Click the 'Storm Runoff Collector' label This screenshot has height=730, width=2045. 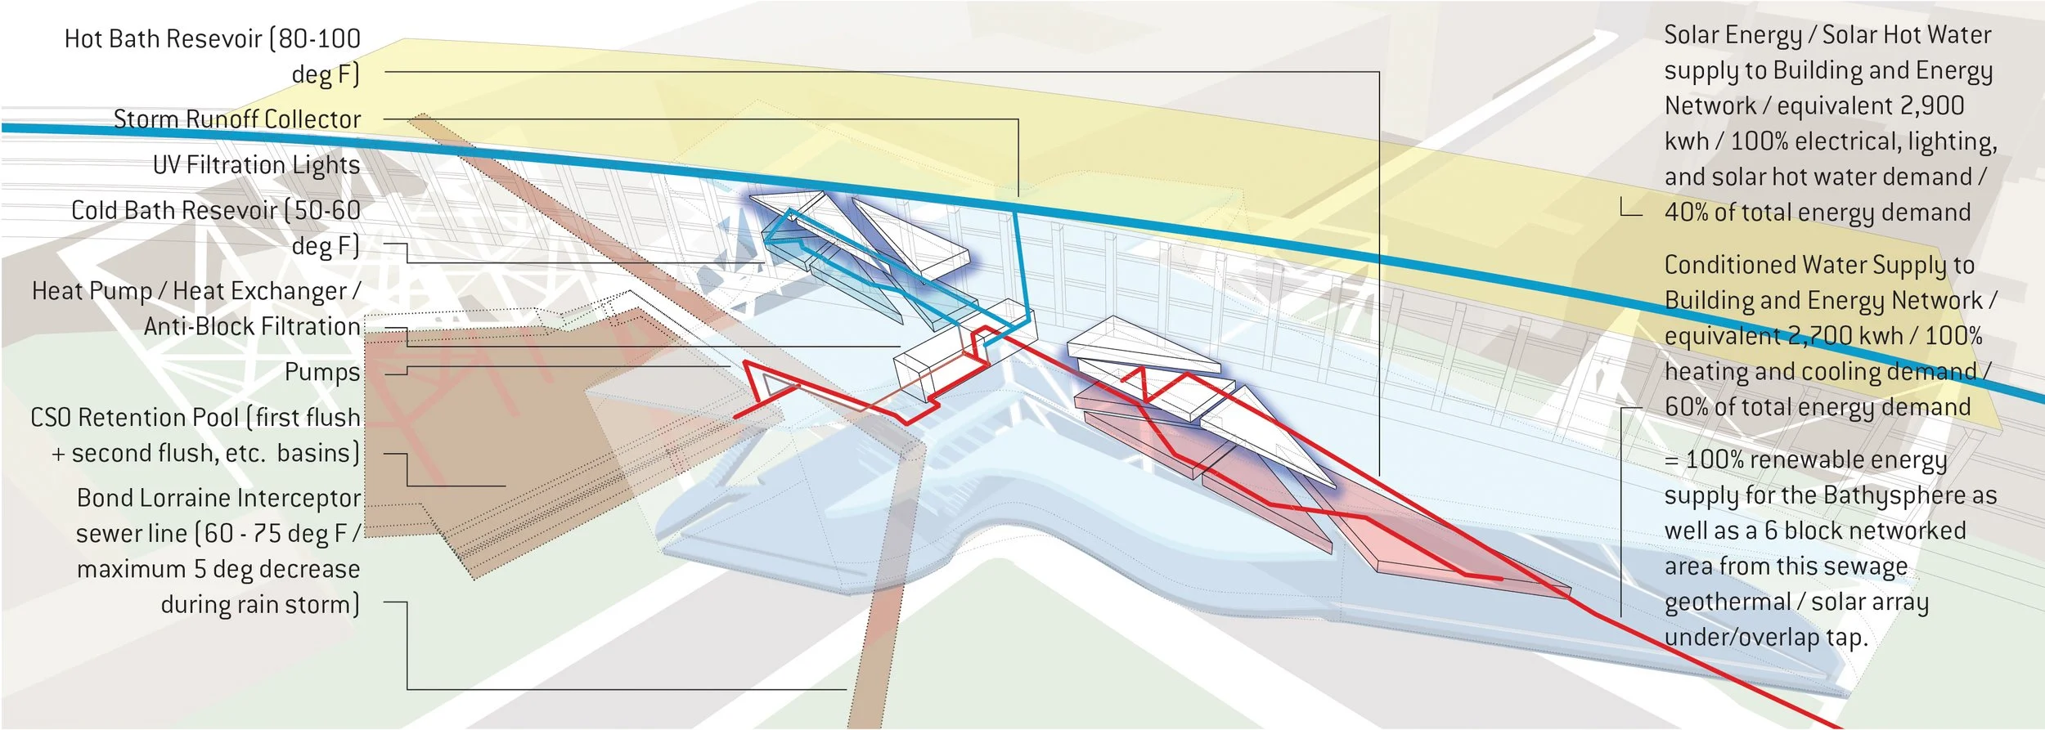[236, 119]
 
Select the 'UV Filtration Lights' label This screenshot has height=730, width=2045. [256, 165]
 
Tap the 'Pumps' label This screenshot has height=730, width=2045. [322, 373]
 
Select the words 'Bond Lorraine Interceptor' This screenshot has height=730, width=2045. [218, 498]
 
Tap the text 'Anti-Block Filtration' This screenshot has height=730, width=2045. [252, 327]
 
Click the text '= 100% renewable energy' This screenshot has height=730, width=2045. [1805, 460]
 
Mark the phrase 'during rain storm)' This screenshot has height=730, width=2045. [260, 605]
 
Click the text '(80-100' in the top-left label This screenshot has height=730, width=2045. [315, 39]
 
